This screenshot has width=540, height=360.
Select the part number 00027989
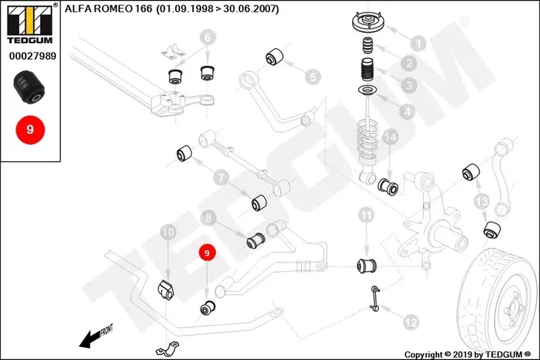click(x=33, y=55)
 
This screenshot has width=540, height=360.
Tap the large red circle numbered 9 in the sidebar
click(x=30, y=130)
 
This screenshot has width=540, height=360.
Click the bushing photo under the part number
click(x=29, y=86)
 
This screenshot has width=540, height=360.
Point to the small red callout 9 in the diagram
click(x=206, y=253)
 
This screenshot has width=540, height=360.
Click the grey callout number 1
click(x=419, y=44)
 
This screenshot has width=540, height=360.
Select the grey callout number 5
click(x=313, y=77)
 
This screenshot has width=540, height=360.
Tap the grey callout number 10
click(x=169, y=232)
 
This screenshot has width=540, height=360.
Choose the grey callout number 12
click(x=411, y=322)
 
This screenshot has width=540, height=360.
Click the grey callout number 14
click(x=390, y=137)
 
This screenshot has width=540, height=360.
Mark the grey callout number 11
click(x=366, y=216)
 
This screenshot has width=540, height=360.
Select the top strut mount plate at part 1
click(x=368, y=22)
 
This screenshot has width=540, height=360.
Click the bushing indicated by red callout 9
click(x=208, y=308)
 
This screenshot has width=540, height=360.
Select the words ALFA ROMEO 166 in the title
click(x=108, y=9)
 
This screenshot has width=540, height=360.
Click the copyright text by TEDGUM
click(x=468, y=355)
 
